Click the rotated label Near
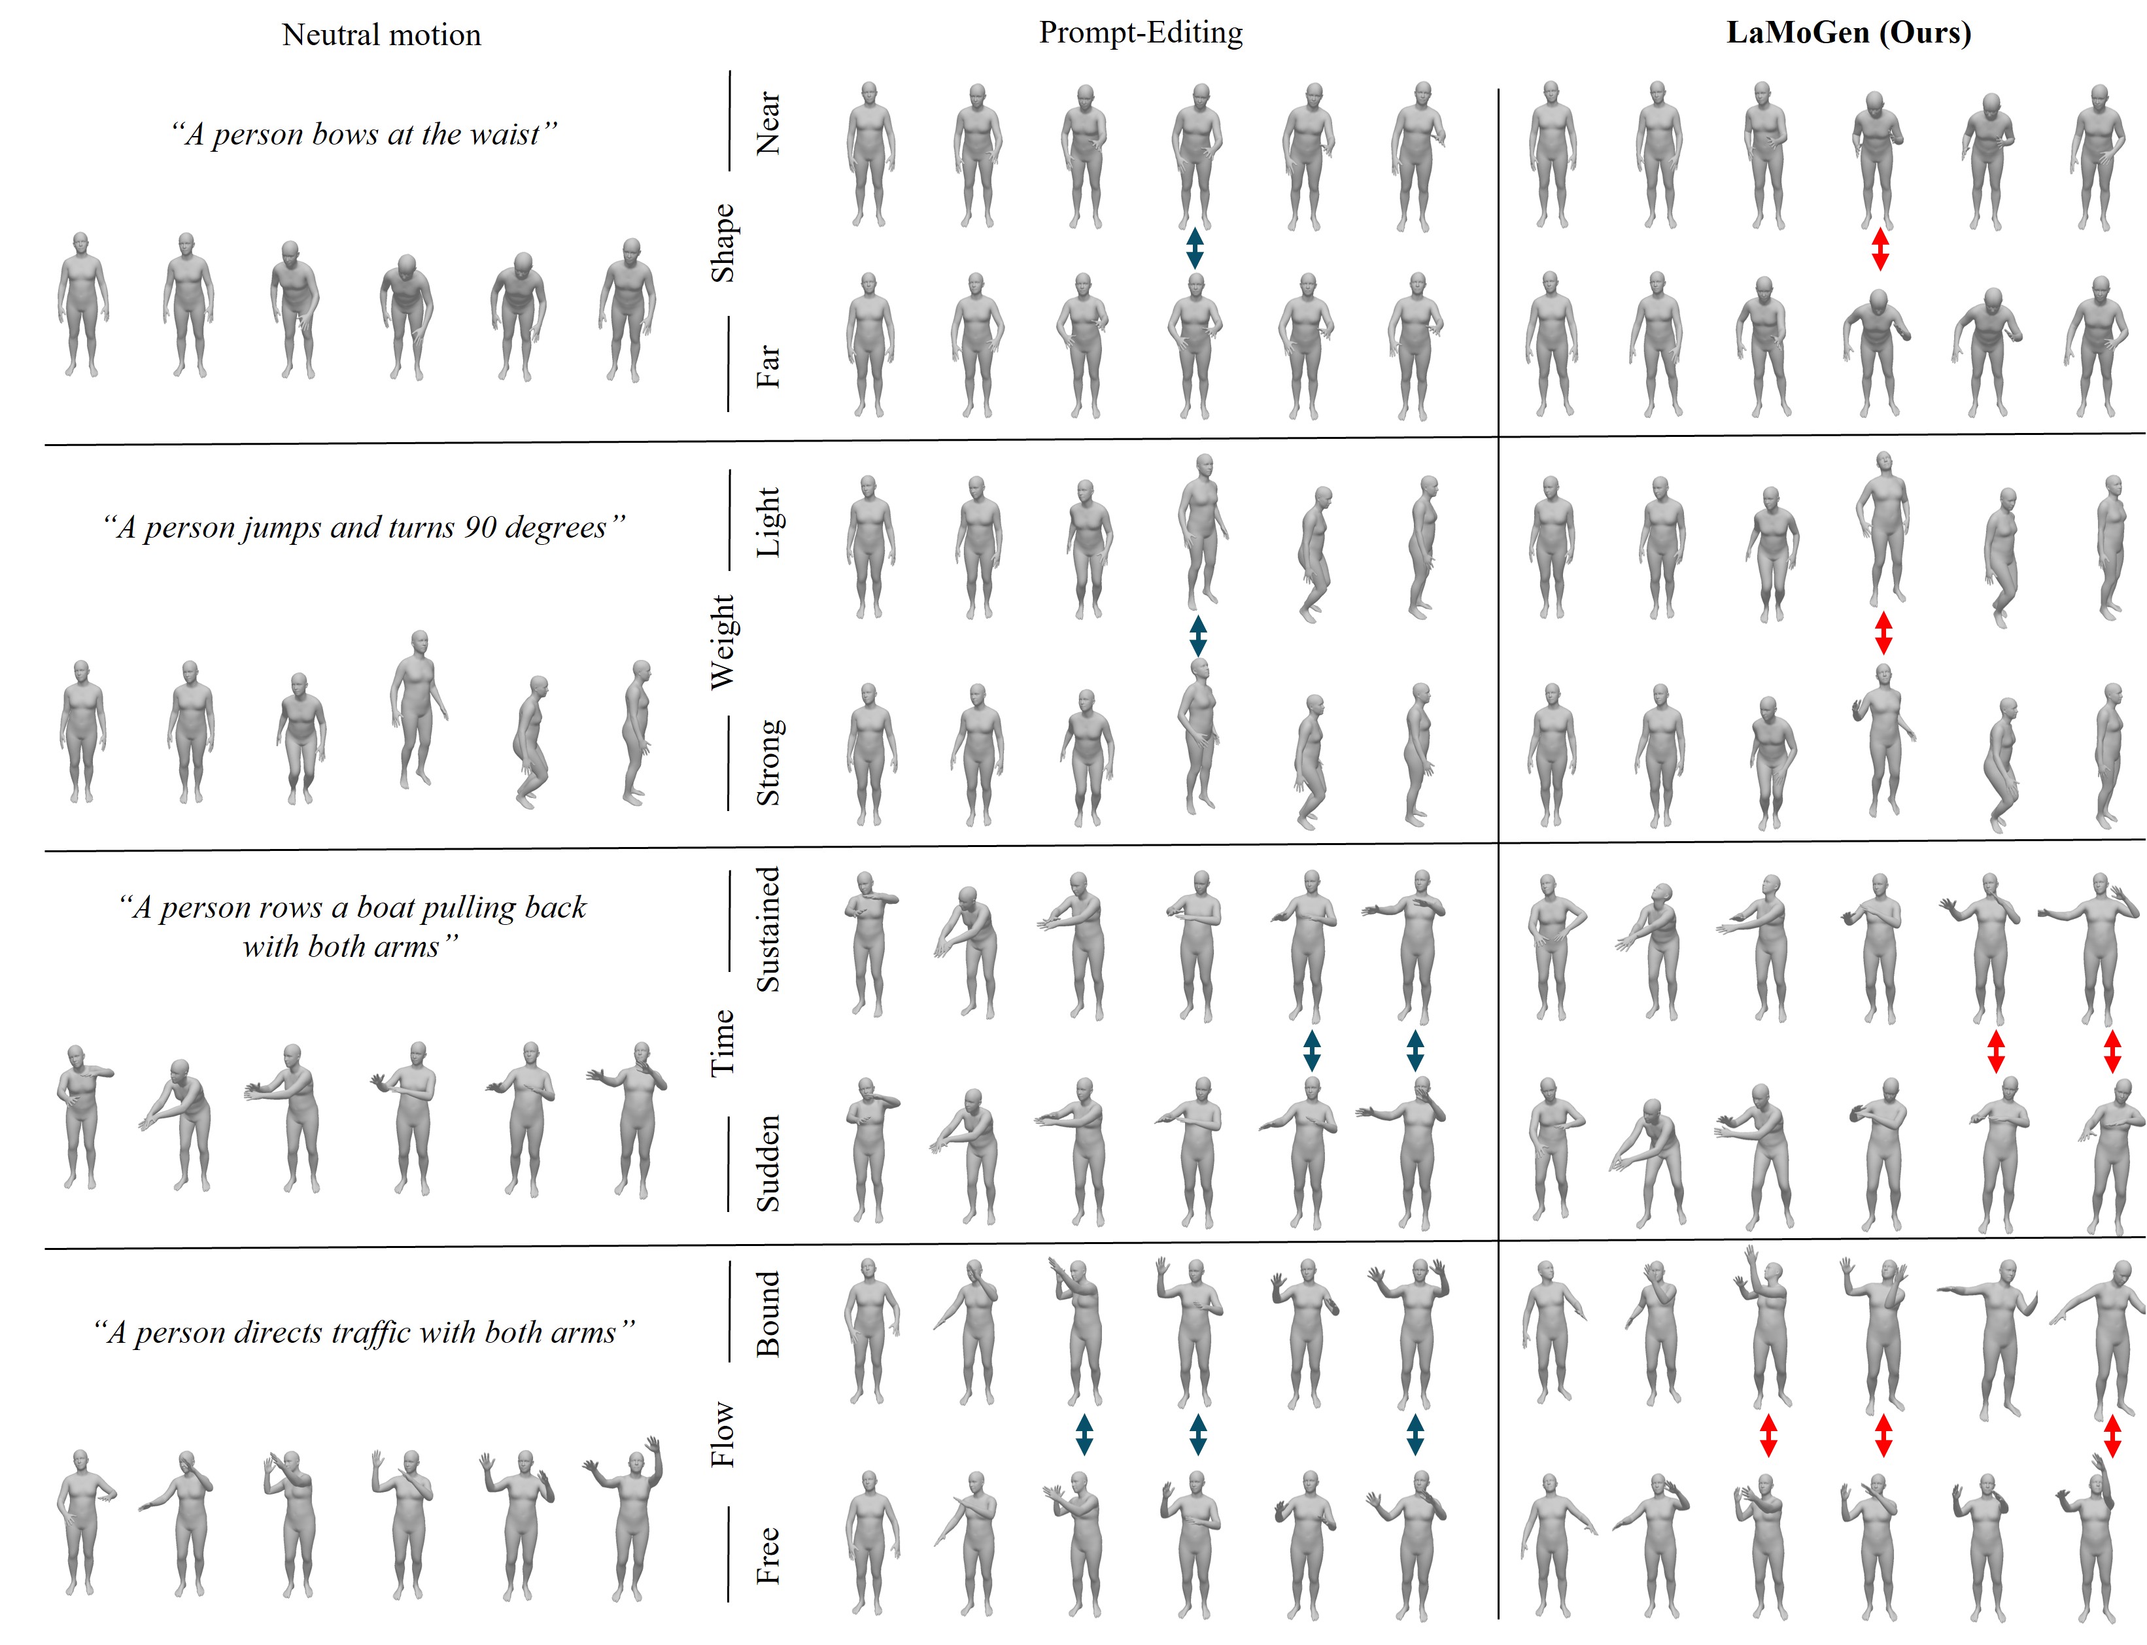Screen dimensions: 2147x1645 pos(768,124)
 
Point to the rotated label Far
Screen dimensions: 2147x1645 pos(768,365)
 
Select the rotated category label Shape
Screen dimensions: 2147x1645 pos(723,243)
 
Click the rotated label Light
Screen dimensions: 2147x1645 pos(768,522)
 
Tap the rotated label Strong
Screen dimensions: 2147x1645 pos(768,763)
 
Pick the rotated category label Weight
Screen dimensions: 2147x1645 pos(723,642)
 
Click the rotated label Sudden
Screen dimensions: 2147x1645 pos(768,1163)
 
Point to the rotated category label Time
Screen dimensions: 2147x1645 pos(723,1043)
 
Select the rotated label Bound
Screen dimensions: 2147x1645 pos(768,1314)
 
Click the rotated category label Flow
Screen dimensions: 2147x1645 pos(723,1434)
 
